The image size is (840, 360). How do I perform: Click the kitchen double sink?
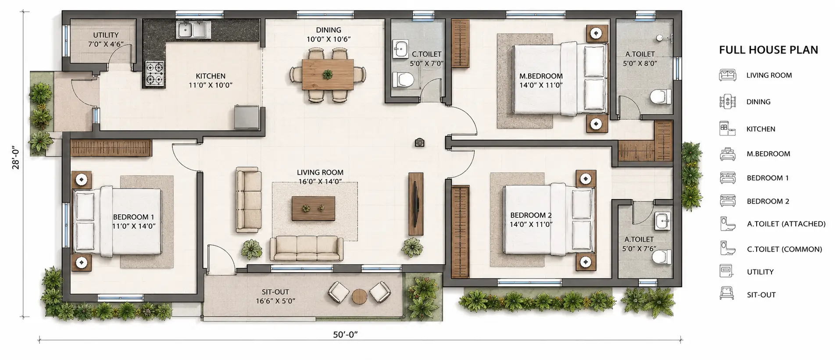pyautogui.click(x=194, y=30)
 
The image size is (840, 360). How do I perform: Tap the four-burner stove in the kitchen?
pyautogui.click(x=154, y=73)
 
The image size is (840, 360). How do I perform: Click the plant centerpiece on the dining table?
pyautogui.click(x=328, y=74)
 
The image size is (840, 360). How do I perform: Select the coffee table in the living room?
pyautogui.click(x=314, y=209)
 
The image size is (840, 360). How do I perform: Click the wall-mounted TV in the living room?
pyautogui.click(x=416, y=204)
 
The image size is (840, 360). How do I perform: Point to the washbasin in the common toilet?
pyautogui.click(x=400, y=50)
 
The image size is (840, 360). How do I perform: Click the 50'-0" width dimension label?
pyautogui.click(x=346, y=335)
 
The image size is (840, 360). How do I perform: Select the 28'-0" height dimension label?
pyautogui.click(x=16, y=157)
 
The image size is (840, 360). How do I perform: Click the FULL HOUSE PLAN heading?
pyautogui.click(x=769, y=50)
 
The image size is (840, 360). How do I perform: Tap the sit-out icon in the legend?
pyautogui.click(x=727, y=293)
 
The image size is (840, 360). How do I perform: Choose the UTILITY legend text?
pyautogui.click(x=760, y=272)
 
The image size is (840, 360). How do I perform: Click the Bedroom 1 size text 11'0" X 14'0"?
pyautogui.click(x=134, y=226)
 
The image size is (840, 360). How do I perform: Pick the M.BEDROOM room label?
pyautogui.click(x=541, y=76)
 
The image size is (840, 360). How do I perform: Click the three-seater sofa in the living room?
pyautogui.click(x=307, y=249)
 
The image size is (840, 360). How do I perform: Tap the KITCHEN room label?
pyautogui.click(x=211, y=76)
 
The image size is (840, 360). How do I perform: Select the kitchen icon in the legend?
pyautogui.click(x=727, y=129)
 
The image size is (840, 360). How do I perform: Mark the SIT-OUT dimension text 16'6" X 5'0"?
pyautogui.click(x=275, y=301)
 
